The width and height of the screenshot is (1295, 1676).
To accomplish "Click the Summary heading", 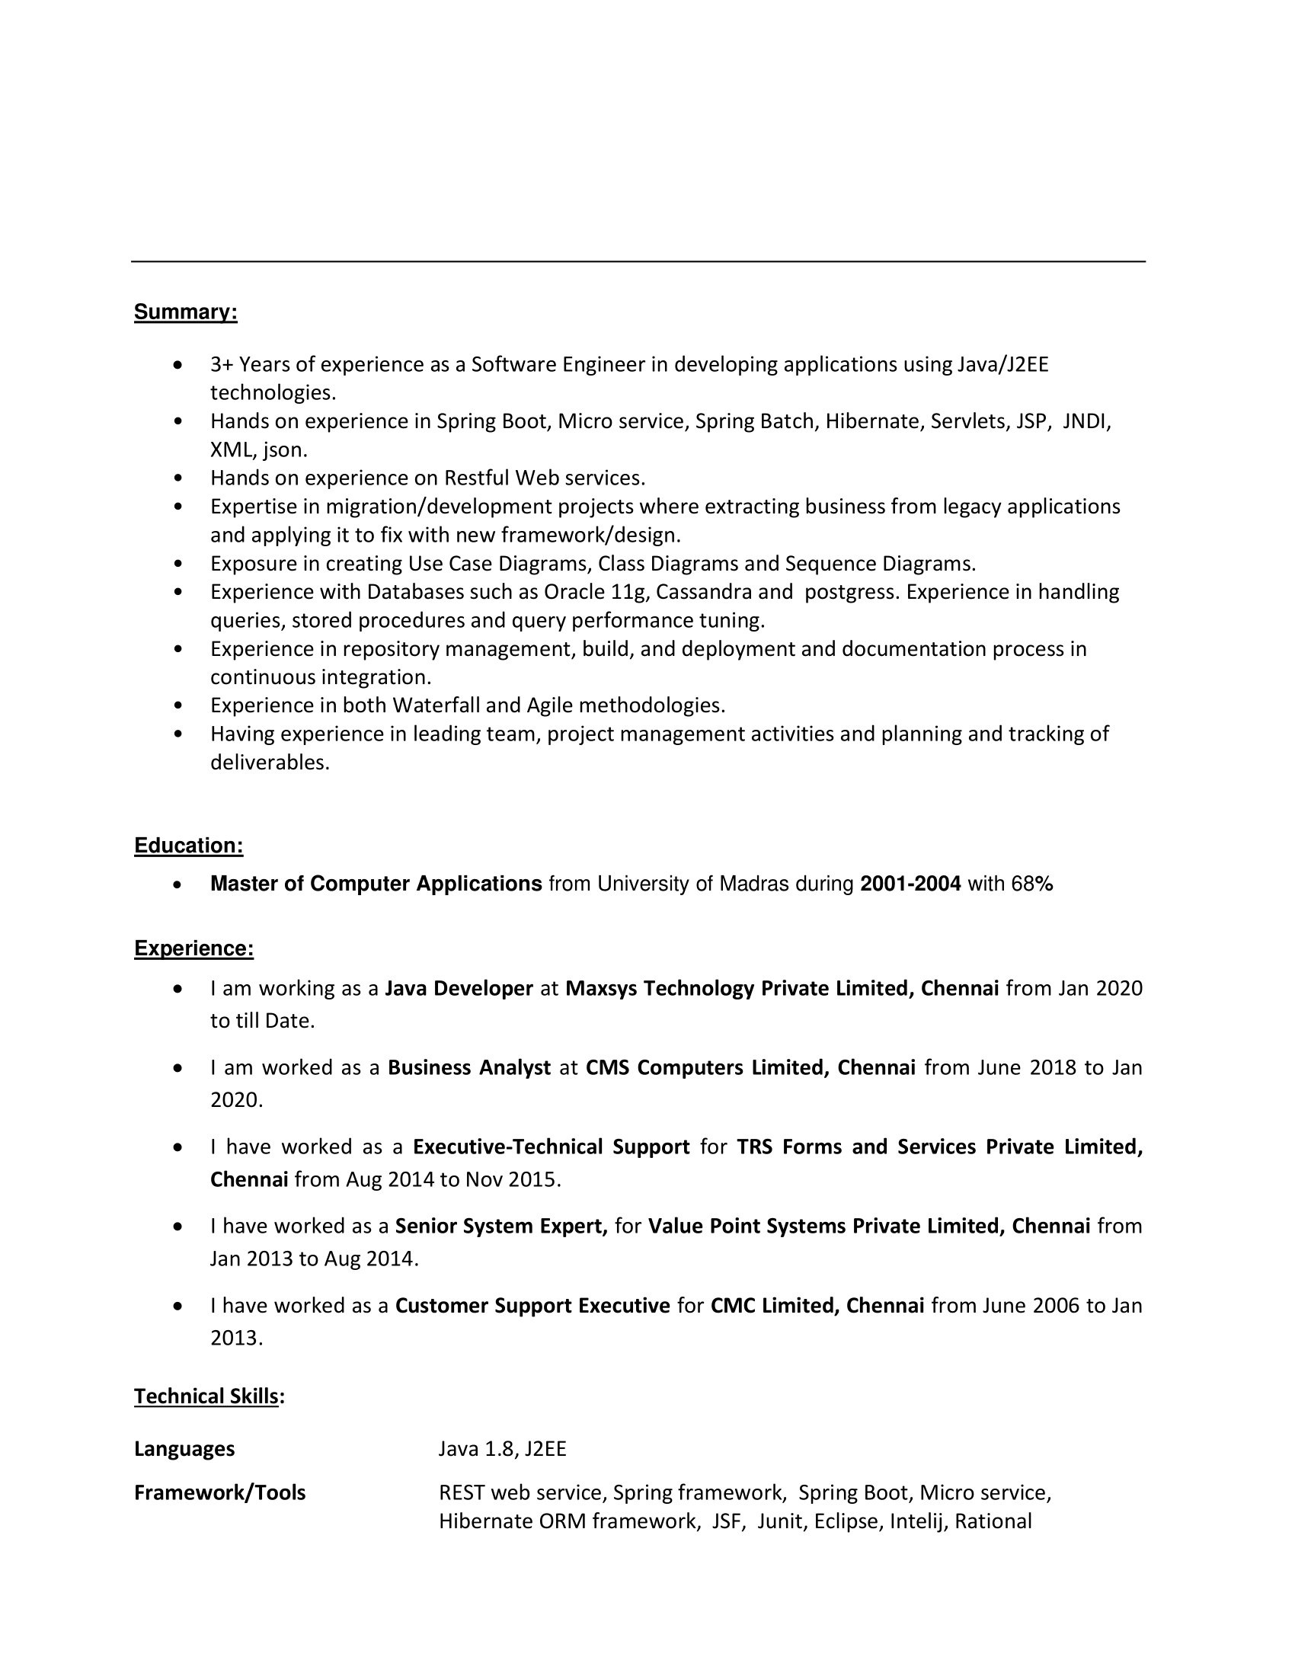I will [186, 312].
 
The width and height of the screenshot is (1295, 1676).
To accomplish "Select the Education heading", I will [189, 846].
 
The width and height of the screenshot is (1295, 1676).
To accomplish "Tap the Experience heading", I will [194, 948].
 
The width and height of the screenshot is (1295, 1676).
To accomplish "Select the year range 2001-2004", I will [910, 884].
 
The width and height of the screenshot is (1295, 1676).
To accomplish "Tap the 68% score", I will [1032, 884].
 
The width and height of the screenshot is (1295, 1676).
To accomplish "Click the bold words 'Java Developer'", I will [459, 988].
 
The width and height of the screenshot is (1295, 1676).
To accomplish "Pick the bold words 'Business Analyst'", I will [469, 1067].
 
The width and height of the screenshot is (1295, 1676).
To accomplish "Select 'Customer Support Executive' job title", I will [532, 1305].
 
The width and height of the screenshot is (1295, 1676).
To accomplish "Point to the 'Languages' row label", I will [185, 1449].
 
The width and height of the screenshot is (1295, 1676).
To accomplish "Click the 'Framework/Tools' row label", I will [220, 1492].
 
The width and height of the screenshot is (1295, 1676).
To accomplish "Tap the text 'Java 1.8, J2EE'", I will [503, 1449].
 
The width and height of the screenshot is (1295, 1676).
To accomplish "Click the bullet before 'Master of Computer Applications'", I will [178, 884].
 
